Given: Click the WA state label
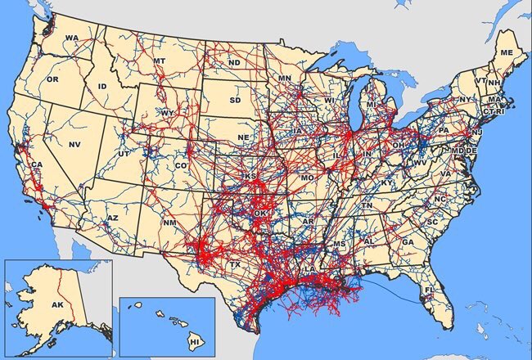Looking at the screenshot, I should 71,38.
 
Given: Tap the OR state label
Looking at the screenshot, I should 52,79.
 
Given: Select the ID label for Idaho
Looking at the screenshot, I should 102,86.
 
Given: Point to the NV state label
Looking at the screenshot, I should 74,144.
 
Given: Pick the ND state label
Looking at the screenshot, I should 234,62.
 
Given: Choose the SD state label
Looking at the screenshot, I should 236,101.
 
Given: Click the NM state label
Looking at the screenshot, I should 169,223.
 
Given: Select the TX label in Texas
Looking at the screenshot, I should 235,265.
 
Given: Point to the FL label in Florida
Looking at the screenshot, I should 428,290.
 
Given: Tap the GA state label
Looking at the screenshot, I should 407,242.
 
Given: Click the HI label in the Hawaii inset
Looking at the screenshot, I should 194,340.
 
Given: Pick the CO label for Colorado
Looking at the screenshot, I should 181,165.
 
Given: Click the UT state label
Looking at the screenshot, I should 124,154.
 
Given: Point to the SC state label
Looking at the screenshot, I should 431,222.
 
